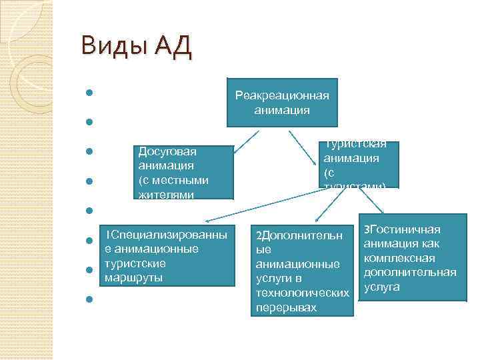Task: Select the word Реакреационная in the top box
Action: point(281,95)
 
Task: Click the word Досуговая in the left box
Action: point(167,152)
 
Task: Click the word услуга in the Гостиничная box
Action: point(381,287)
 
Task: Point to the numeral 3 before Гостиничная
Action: point(366,230)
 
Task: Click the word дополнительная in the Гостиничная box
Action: point(409,272)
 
